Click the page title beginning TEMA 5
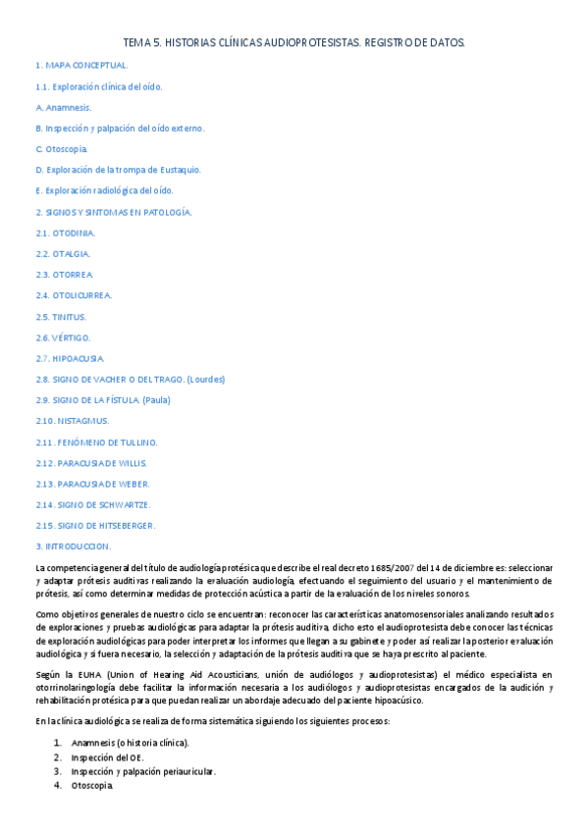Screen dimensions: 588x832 click(x=294, y=42)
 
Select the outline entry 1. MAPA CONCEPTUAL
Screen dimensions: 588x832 click(x=81, y=65)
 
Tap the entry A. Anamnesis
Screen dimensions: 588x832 click(x=63, y=107)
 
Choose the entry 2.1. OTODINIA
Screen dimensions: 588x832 click(x=65, y=233)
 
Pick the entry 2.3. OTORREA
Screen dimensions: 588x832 click(x=65, y=275)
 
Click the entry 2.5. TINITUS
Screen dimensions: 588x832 click(x=61, y=317)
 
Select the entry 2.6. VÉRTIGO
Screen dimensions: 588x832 click(x=63, y=338)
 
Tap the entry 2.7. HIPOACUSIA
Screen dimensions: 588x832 click(x=70, y=358)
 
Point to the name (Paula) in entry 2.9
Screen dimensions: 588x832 click(x=157, y=400)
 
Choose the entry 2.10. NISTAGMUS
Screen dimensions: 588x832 click(x=73, y=421)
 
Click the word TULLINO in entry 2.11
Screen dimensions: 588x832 click(x=134, y=442)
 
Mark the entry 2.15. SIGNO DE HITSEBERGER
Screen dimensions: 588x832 click(x=95, y=525)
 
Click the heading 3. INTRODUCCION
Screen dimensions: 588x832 click(x=73, y=546)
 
